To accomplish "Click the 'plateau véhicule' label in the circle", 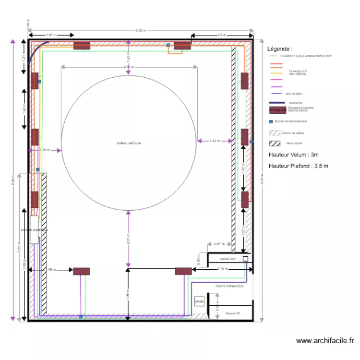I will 128,143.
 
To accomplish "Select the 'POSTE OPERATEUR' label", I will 229,286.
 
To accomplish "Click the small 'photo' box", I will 199,301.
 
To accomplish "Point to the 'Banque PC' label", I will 226,312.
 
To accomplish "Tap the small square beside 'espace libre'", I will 245,259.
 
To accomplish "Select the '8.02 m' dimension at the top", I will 140,30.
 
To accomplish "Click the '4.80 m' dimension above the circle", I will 128,67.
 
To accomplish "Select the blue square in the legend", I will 271,121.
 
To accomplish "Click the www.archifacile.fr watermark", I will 325,341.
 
